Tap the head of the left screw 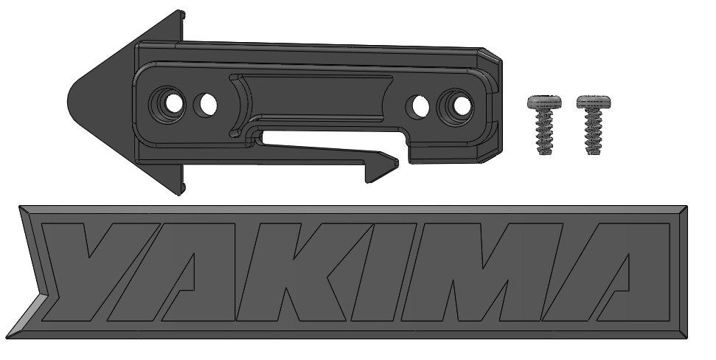click(x=545, y=103)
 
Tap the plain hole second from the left click(x=206, y=104)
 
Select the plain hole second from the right click(x=420, y=106)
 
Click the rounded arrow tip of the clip click(x=74, y=100)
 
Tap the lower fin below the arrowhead click(x=175, y=181)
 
